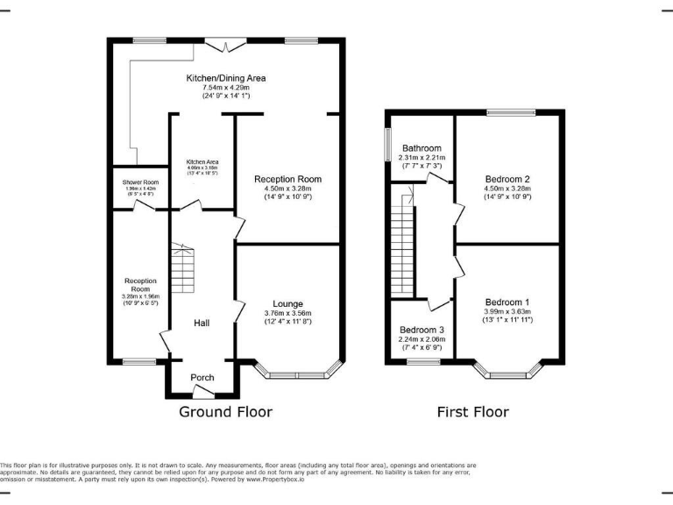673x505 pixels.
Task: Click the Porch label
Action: (x=202, y=378)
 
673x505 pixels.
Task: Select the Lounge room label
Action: (x=287, y=303)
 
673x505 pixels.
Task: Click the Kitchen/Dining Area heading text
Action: (x=226, y=78)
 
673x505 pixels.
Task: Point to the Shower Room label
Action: (x=140, y=182)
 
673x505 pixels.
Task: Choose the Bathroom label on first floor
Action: (x=422, y=148)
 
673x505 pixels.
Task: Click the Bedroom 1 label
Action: (x=507, y=302)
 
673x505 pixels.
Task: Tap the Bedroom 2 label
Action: (x=507, y=179)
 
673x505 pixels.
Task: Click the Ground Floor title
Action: (x=226, y=411)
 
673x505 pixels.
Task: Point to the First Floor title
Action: (x=473, y=411)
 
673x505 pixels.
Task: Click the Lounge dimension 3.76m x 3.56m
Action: (x=287, y=314)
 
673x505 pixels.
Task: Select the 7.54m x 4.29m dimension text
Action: (x=226, y=88)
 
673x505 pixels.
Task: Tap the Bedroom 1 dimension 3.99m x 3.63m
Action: (x=507, y=311)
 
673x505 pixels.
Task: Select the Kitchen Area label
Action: (x=202, y=162)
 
